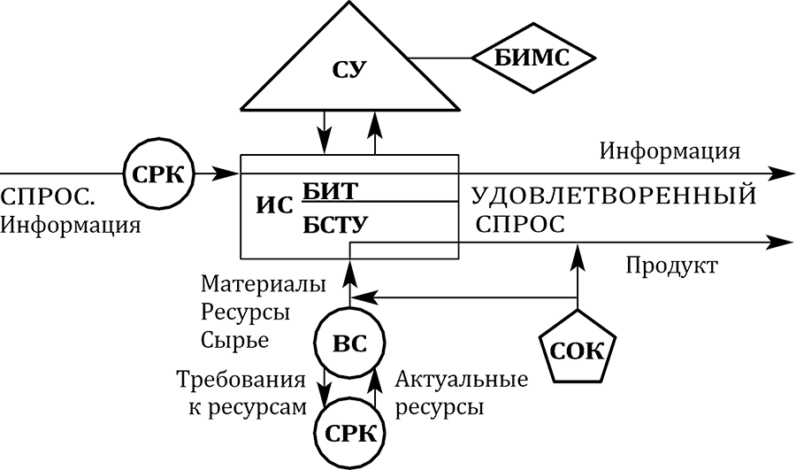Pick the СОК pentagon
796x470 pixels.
point(577,349)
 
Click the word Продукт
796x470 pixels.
point(671,266)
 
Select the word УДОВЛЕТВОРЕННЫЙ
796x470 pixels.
point(613,196)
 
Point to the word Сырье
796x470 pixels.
point(234,339)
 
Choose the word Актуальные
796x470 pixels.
point(462,381)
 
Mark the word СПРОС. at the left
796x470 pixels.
point(48,196)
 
